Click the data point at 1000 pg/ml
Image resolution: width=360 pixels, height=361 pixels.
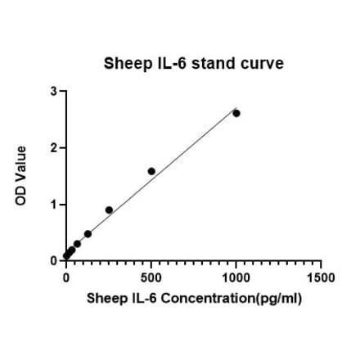236,113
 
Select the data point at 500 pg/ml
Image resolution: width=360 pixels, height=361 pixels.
151,171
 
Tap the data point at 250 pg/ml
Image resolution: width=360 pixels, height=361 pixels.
109,210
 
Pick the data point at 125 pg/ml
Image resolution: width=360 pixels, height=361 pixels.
88,233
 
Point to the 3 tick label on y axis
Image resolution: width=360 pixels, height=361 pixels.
53,92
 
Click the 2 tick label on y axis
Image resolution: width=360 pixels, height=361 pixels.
53,148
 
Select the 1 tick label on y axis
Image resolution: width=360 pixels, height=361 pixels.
53,205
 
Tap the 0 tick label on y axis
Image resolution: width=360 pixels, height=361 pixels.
53,260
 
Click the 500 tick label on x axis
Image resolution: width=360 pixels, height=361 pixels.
151,277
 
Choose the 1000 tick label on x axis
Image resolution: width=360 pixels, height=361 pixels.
236,277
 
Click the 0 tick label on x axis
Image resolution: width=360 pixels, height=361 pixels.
66,277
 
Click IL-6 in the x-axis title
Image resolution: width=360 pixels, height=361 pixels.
142,298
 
